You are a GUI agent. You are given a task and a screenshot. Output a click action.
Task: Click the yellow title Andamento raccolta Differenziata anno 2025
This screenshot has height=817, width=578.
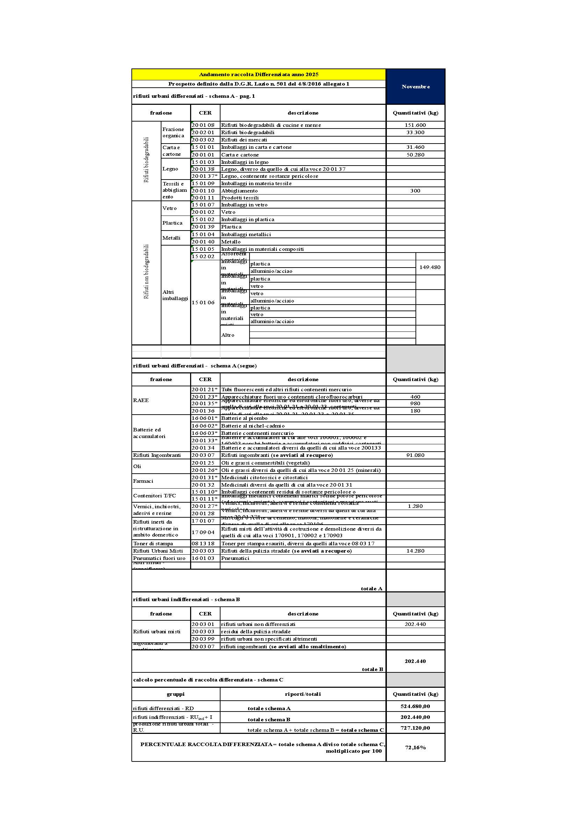click(258, 74)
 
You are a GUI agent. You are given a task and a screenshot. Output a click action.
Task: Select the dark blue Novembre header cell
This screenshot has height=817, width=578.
click(416, 87)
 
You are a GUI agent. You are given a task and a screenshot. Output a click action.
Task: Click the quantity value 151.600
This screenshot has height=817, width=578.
click(415, 125)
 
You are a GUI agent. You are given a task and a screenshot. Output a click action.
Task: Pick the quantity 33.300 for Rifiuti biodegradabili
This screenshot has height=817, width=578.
click(415, 132)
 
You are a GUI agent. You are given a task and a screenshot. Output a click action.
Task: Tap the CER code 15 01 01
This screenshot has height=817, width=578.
click(203, 147)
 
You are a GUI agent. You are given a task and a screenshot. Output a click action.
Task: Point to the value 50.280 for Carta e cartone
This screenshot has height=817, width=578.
click(415, 155)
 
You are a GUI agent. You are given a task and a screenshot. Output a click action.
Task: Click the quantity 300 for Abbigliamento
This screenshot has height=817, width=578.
click(415, 191)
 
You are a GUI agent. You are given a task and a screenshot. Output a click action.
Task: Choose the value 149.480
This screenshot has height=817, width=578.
click(429, 267)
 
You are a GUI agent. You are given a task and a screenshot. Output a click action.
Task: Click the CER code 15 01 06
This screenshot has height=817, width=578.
click(203, 302)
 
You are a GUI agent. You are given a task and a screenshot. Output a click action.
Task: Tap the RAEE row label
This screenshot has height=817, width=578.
click(141, 400)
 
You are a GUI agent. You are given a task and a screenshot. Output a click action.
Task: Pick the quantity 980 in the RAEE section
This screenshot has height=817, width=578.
click(415, 403)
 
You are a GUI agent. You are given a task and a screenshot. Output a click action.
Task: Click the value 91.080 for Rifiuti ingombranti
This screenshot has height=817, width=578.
click(415, 455)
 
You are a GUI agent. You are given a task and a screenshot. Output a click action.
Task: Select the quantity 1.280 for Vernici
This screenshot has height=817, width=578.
click(415, 506)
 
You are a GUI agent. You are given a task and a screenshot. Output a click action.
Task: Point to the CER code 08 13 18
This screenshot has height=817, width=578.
click(203, 544)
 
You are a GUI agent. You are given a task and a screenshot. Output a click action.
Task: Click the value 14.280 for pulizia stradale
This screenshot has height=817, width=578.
click(415, 551)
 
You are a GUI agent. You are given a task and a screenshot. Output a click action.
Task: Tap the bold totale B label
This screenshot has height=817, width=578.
click(372, 669)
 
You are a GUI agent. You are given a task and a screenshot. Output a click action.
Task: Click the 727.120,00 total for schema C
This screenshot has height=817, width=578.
click(415, 728)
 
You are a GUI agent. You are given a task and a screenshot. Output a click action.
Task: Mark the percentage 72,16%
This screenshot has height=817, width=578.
click(415, 747)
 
